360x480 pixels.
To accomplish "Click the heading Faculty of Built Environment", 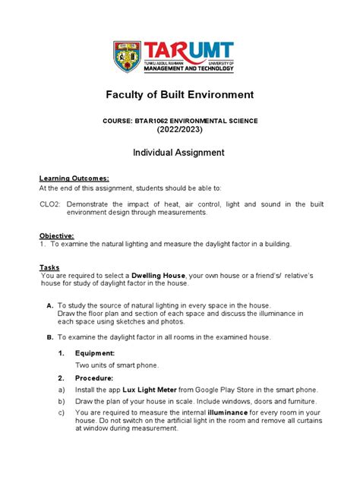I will coord(180,95).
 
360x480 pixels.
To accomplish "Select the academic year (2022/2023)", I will coord(180,130).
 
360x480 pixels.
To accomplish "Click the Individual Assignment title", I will coord(180,153).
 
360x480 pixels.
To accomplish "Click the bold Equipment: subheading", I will coord(95,353).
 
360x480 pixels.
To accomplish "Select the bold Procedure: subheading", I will coord(94,377).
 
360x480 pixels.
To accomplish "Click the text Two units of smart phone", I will coord(117,365).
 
